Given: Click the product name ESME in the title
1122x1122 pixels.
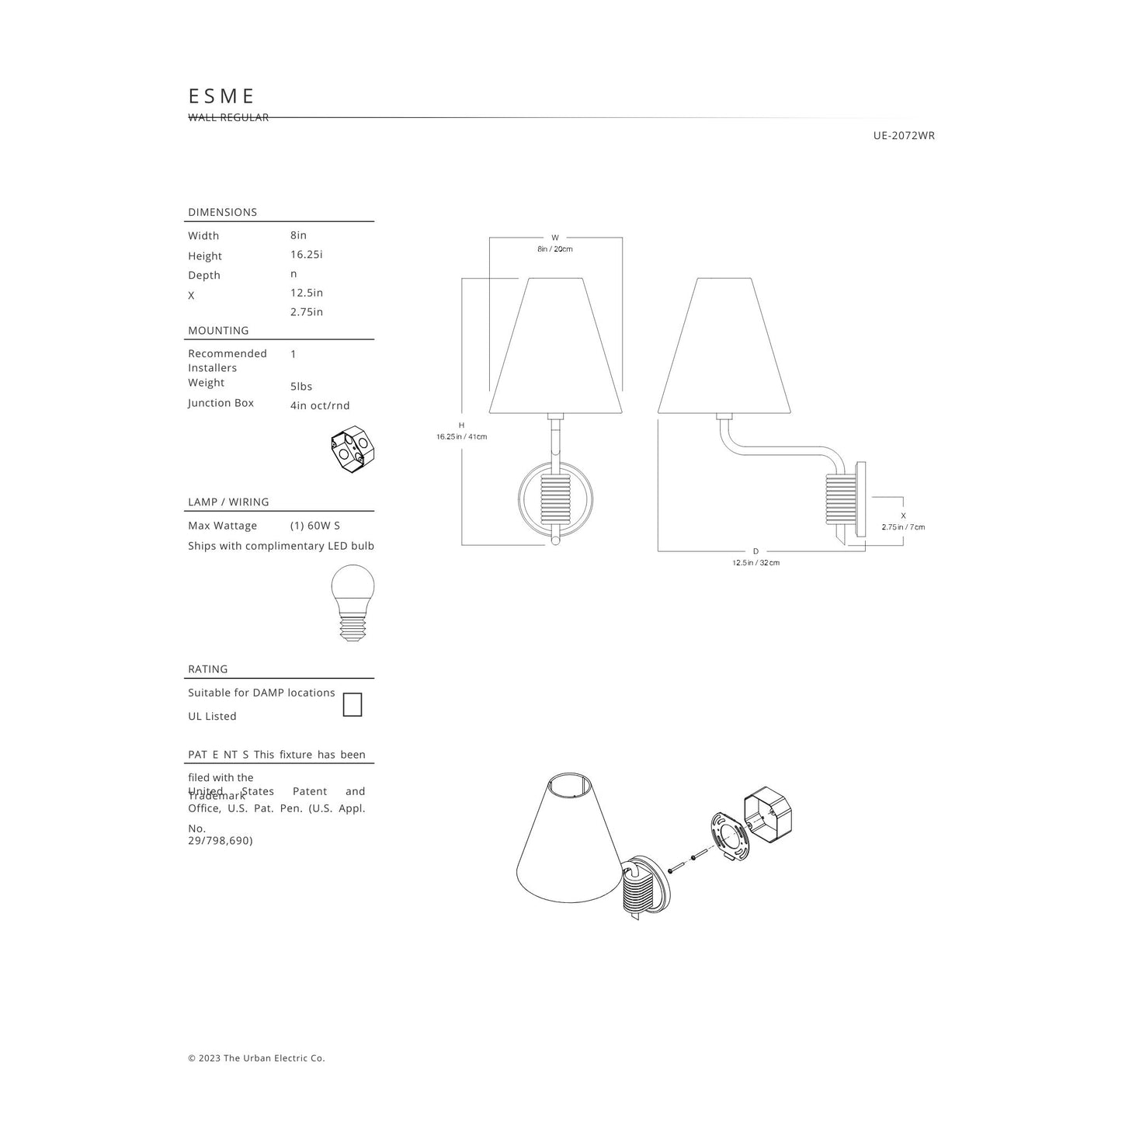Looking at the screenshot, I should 222,96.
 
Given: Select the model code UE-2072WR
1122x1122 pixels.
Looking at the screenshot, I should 904,136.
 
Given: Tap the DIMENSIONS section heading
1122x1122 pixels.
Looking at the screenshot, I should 222,212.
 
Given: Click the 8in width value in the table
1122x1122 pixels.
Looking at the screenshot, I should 298,235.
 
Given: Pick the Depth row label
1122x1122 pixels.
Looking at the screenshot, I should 204,276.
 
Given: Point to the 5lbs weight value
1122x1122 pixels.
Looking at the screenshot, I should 301,387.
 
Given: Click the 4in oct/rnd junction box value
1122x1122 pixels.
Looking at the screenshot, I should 320,405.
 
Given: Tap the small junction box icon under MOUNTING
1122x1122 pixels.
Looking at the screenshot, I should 349,451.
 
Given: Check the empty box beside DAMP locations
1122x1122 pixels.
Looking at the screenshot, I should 353,705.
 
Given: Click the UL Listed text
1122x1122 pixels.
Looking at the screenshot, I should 212,717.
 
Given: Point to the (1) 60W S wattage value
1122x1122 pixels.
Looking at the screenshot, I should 315,526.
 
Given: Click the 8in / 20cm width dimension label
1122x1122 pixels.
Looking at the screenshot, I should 555,249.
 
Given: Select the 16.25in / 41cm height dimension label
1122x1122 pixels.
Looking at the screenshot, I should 461,437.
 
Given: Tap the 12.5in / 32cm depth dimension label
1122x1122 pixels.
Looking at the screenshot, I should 756,563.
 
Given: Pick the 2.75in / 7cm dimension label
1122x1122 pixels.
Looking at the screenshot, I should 903,527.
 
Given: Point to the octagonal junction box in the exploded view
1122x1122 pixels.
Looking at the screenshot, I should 769,819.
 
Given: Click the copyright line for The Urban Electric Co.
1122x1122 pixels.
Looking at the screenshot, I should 256,1058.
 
